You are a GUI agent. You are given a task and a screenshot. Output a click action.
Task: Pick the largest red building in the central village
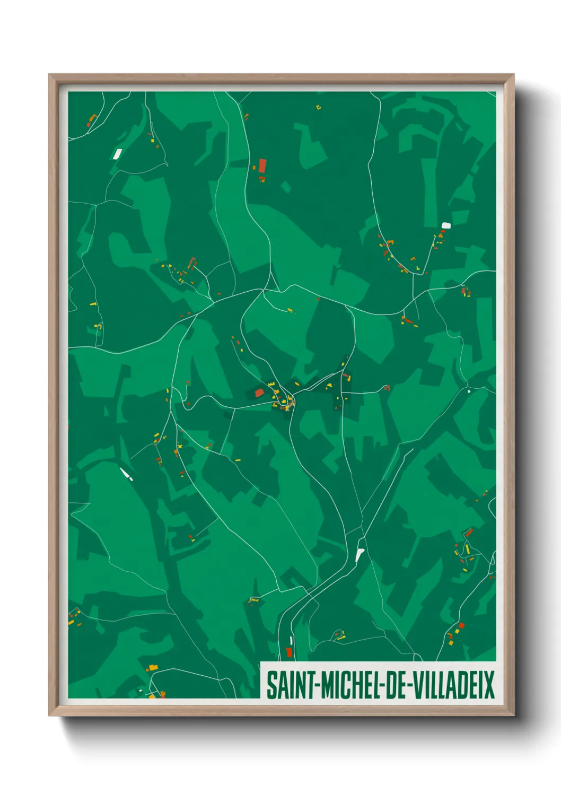pyautogui.click(x=260, y=393)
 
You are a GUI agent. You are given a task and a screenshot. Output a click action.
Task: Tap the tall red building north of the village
pyautogui.click(x=262, y=165)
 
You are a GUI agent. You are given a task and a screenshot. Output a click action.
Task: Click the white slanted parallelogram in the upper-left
pyautogui.click(x=117, y=154)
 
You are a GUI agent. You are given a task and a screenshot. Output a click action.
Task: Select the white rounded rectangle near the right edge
pyautogui.click(x=446, y=225)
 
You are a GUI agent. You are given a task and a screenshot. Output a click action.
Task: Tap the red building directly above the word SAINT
pyautogui.click(x=289, y=651)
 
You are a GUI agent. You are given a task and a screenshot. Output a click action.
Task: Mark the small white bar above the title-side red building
pyautogui.click(x=291, y=640)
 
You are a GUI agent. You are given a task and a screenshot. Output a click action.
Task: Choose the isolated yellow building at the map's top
pyautogui.click(x=319, y=108)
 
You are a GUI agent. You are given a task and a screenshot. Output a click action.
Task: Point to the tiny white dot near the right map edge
pyautogui.click(x=469, y=391)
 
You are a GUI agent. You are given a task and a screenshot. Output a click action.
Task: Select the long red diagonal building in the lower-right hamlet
pyautogui.click(x=469, y=531)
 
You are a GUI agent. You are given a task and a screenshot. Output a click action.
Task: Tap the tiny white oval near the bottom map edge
pyautogui.click(x=141, y=691)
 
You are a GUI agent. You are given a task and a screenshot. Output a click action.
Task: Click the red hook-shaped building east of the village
pyautogui.click(x=387, y=388)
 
